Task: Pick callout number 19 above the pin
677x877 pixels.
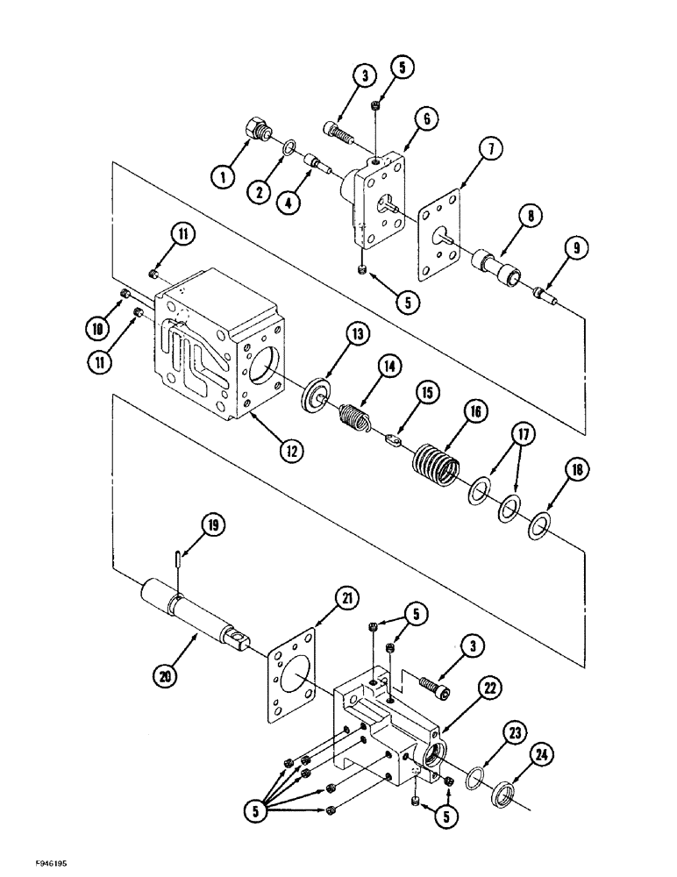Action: (x=214, y=525)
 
